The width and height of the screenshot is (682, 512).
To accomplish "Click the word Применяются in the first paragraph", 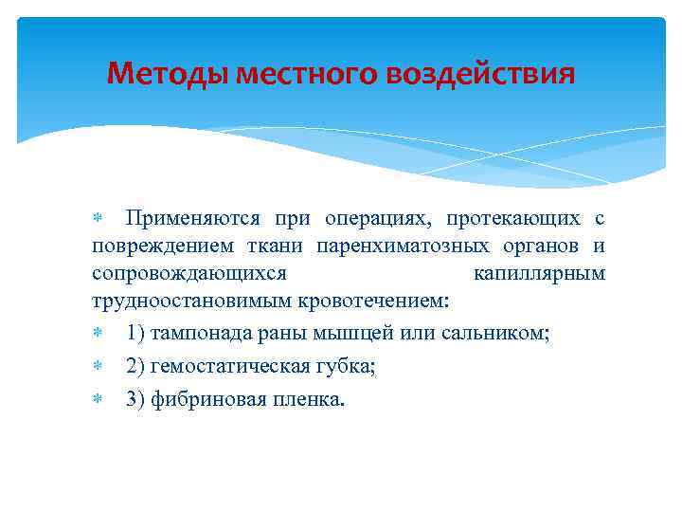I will pos(193,218).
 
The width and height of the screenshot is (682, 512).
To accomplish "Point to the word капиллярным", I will pos(538,274).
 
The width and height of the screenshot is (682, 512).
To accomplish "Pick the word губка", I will pos(349,366).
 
